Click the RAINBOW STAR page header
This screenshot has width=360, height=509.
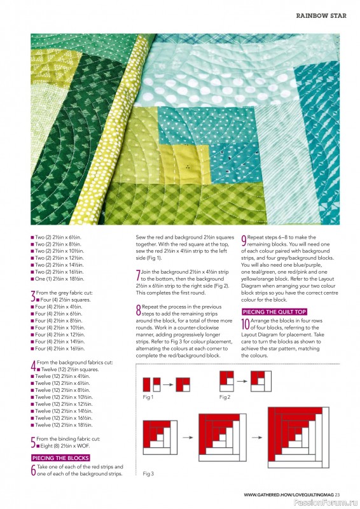(321, 15)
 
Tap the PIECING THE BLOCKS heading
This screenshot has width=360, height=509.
(60, 457)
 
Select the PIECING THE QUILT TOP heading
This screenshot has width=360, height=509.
(273, 312)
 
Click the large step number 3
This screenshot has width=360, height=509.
(33, 296)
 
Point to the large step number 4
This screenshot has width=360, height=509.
(33, 366)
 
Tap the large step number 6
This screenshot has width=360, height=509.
(33, 470)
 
